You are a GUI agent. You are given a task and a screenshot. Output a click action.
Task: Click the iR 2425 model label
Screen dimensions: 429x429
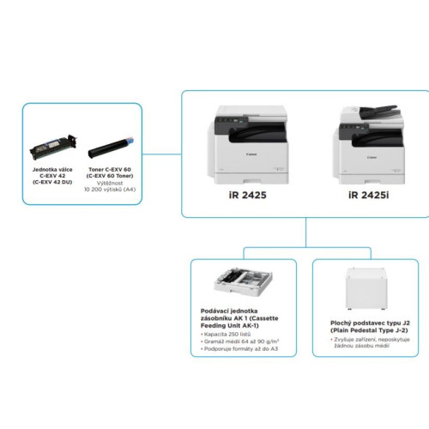[248, 195]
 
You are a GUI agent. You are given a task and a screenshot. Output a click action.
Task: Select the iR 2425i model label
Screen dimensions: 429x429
[369, 195]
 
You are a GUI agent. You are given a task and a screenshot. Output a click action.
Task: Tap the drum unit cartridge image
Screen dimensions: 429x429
[54, 148]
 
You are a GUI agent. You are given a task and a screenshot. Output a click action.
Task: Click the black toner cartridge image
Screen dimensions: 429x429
[111, 148]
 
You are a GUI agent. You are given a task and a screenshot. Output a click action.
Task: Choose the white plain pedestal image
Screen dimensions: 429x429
[366, 289]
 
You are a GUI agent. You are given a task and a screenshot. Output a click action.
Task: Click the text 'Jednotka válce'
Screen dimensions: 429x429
[52, 170]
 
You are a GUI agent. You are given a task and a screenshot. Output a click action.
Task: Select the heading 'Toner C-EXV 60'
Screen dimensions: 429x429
[110, 170]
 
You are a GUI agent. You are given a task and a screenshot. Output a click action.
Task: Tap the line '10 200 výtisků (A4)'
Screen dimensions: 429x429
[110, 190]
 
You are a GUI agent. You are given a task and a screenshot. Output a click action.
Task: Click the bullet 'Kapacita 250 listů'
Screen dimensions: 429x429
[226, 334]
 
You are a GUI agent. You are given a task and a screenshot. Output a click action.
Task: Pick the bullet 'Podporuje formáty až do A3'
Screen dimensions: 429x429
[239, 348]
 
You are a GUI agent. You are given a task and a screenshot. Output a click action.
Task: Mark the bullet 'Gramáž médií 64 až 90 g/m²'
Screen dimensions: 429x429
[240, 341]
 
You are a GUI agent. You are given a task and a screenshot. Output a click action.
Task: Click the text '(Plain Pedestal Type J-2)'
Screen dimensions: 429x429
[369, 330]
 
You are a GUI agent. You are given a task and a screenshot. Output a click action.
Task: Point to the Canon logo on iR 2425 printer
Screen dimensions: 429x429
[251, 154]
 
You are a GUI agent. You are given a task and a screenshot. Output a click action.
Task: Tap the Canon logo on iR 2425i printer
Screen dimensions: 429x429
[372, 157]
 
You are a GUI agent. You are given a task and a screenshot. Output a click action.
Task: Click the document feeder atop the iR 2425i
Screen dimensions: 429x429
[378, 112]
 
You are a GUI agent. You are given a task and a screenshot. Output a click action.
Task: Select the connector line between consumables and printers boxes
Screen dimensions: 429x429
[162, 154]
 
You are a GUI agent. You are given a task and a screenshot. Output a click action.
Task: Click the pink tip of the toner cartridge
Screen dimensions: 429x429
[130, 141]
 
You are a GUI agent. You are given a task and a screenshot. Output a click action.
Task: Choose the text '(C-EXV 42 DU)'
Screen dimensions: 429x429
[52, 182]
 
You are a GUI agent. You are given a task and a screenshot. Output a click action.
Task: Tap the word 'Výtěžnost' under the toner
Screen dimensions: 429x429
[110, 183]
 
